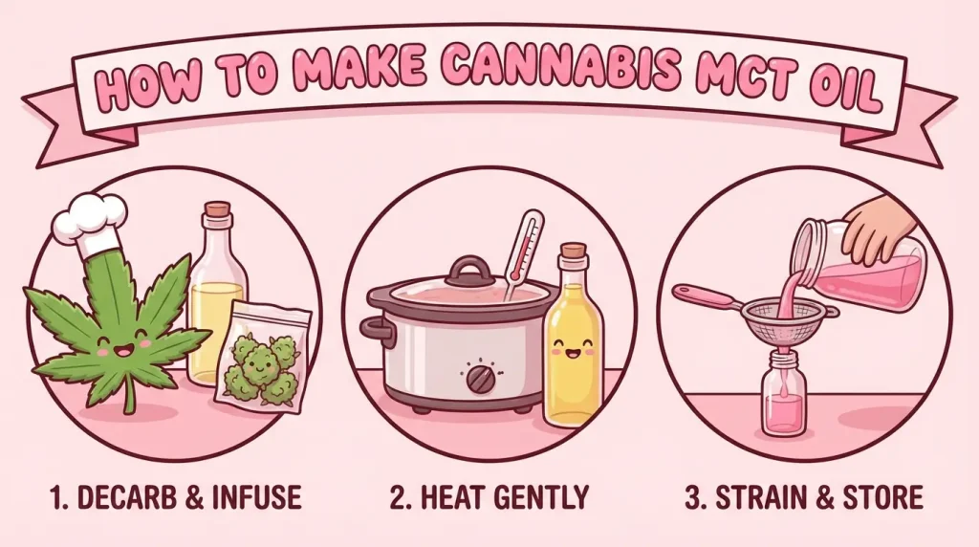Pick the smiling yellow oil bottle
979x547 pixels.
click(573, 344)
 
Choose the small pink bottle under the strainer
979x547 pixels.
click(783, 397)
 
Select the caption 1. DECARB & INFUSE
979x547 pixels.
click(174, 497)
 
